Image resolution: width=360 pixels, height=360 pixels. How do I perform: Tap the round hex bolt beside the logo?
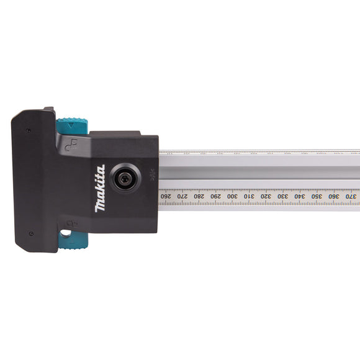pyautogui.click(x=127, y=178)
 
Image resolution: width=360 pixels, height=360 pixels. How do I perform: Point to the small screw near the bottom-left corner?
pyautogui.click(x=30, y=233)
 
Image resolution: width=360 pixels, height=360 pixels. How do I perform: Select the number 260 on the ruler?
pyautogui.click(x=165, y=196)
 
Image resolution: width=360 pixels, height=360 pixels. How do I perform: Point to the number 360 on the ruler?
pyautogui.click(x=333, y=196)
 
